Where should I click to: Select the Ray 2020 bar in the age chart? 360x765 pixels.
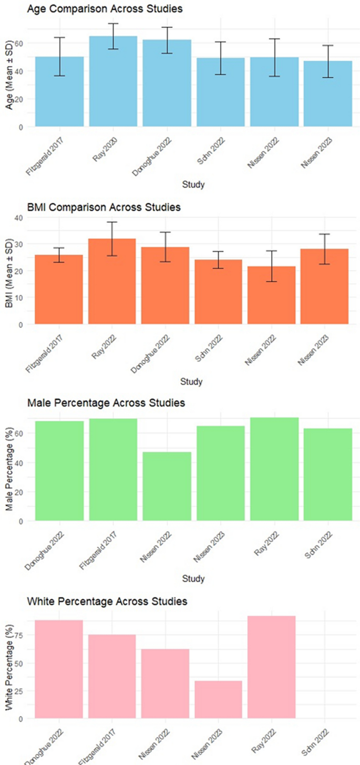113,81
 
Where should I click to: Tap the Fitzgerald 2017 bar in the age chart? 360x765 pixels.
59,91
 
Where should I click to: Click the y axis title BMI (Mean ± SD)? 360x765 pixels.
9,271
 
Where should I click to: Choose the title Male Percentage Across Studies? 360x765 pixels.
106,404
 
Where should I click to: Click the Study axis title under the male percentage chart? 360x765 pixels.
193,578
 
